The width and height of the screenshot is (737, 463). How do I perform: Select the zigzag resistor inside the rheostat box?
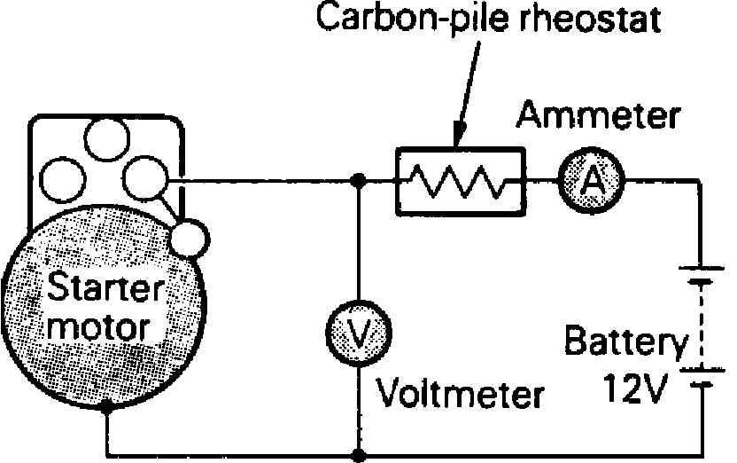point(457,182)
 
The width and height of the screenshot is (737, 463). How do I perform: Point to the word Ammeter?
point(600,116)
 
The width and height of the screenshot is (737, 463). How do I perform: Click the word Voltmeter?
point(461,391)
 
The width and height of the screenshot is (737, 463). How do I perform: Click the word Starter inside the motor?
point(106,288)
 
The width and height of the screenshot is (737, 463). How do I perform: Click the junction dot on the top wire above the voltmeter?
point(357,181)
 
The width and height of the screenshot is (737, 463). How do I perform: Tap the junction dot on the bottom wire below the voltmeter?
point(357,456)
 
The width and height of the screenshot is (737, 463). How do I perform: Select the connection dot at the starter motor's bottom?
point(106,408)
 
